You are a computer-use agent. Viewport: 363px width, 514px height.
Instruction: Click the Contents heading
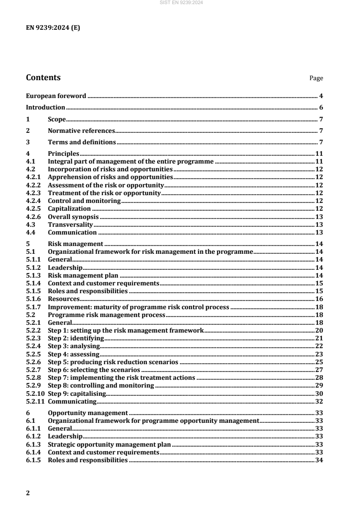[43, 77]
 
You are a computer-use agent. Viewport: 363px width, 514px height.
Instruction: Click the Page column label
[316, 78]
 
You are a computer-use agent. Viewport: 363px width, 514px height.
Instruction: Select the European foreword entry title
[56, 96]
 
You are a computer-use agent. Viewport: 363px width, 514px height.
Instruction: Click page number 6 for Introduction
[321, 108]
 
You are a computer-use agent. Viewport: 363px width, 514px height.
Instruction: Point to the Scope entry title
[57, 119]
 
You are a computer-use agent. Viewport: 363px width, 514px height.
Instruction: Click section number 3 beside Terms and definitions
[28, 142]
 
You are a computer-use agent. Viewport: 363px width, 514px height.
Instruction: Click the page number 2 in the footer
[28, 493]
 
